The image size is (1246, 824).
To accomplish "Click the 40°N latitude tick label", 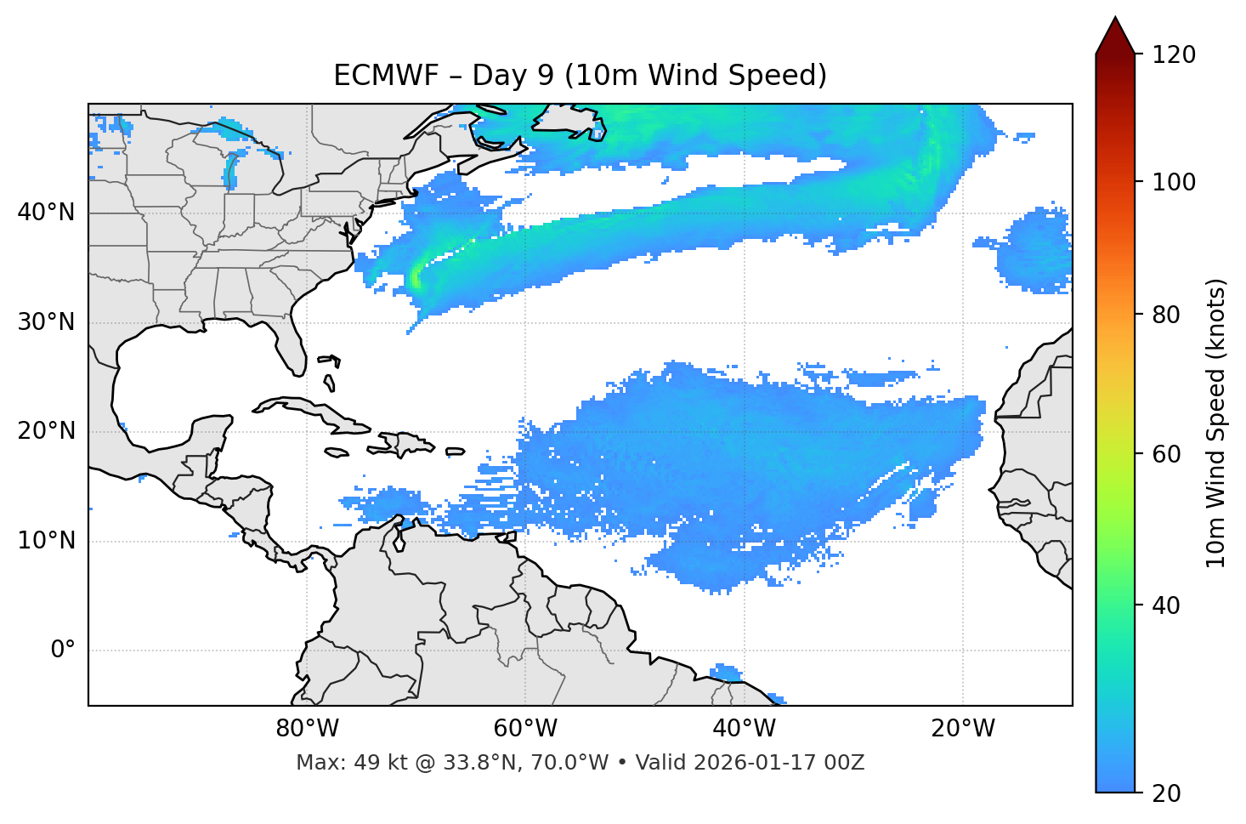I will [46, 213].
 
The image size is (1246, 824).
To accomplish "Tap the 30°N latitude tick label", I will [46, 322].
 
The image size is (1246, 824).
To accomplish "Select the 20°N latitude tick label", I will [46, 431].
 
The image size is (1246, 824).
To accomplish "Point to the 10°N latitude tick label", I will [46, 541].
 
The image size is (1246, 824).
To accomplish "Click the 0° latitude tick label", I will [62, 651].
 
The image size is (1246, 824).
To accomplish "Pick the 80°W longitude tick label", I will [307, 729].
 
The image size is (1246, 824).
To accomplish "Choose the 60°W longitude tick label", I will [525, 729].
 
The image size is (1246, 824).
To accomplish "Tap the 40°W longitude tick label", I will [744, 729].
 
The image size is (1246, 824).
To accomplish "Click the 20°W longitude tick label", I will [963, 729].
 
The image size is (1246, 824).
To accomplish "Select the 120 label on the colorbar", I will [1174, 54].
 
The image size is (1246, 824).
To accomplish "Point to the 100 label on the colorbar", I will [1174, 182].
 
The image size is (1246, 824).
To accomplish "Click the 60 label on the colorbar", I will [1168, 454].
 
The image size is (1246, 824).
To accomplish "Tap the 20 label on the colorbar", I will [1168, 793].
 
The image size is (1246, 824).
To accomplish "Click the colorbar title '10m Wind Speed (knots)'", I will [1216, 423].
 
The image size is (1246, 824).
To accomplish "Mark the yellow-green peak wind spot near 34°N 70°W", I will [416, 277].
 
